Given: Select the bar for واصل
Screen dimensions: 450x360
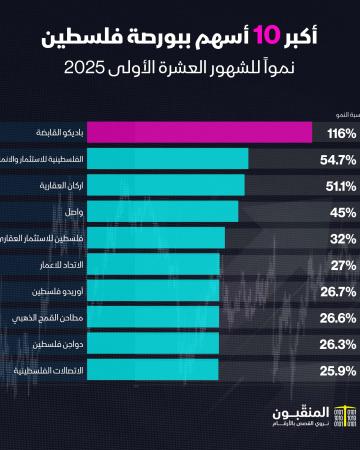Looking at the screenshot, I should pyautogui.click(x=120, y=211).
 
